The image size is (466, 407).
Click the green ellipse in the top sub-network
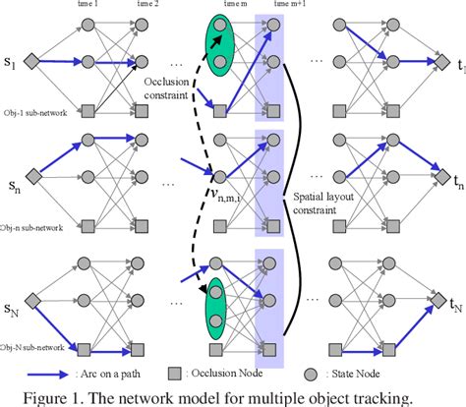tap(218, 46)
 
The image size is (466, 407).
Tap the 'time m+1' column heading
tap(269, 6)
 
